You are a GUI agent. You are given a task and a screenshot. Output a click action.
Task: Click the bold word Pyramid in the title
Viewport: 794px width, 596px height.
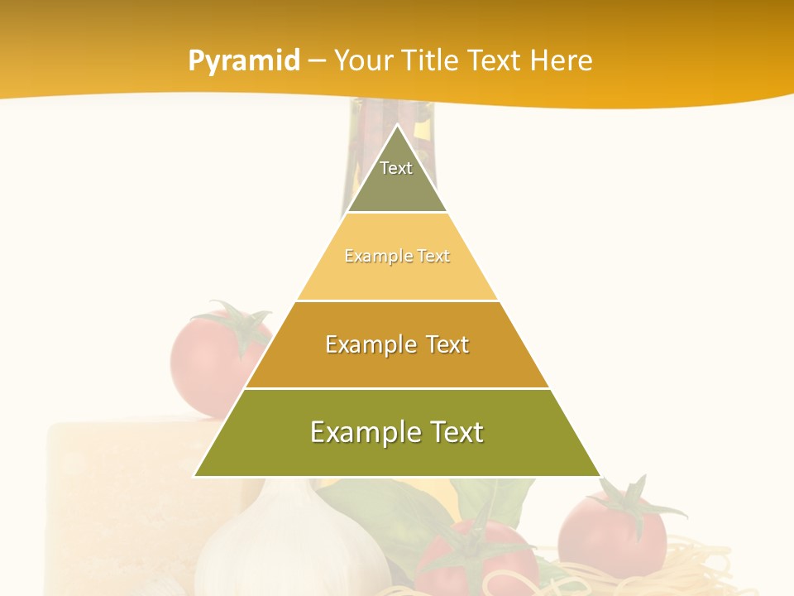click(x=244, y=60)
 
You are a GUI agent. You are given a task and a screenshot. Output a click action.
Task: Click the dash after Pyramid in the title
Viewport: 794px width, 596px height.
click(x=317, y=60)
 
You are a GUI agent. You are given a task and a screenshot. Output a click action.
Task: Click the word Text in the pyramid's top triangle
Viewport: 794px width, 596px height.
click(x=396, y=168)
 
